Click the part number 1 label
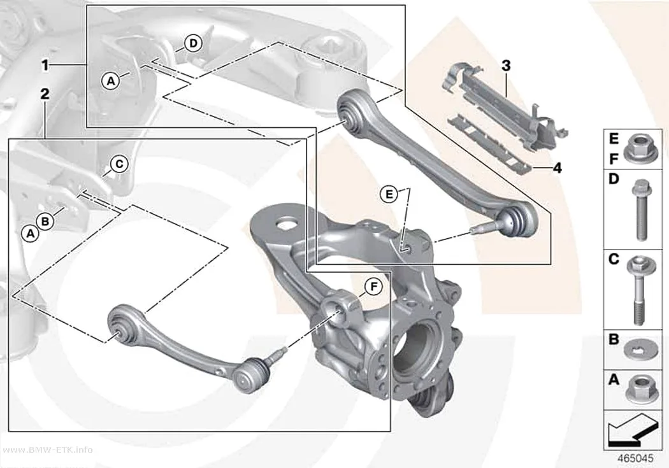click(45, 65)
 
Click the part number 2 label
click(45, 94)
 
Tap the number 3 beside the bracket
click(506, 66)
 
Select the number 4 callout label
click(557, 168)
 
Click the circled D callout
click(194, 43)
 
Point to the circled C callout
click(120, 164)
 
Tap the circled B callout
click(45, 222)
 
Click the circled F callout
click(374, 287)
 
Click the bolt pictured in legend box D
click(638, 209)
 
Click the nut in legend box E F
click(637, 149)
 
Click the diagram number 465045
click(635, 458)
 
